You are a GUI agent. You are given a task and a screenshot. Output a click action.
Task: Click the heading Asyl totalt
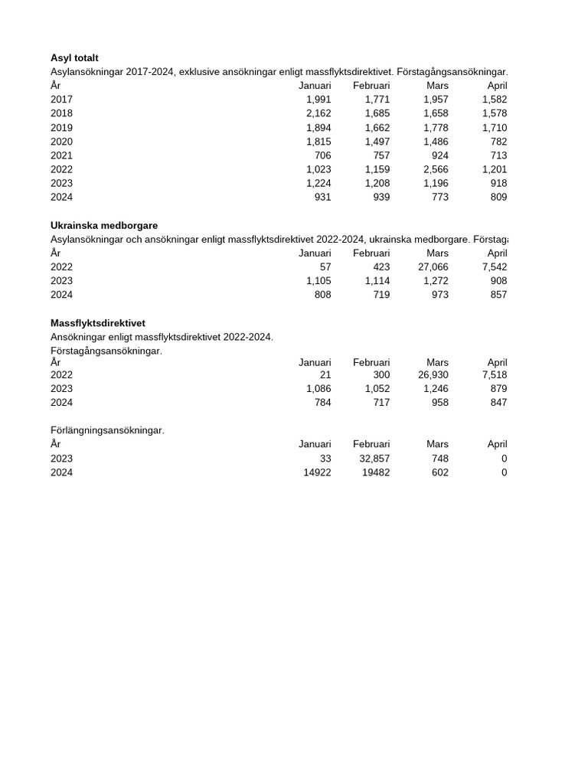pos(74,58)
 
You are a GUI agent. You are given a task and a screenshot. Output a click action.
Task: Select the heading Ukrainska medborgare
pos(104,226)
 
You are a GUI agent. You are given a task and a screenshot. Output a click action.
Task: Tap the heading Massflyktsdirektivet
pos(98,323)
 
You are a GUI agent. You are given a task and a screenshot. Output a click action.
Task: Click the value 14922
pos(317,472)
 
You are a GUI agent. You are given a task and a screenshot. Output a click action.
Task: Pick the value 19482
pos(375,472)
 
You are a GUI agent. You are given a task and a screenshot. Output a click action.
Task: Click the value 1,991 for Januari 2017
pos(318,100)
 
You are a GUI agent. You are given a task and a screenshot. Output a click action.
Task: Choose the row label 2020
pos(61,142)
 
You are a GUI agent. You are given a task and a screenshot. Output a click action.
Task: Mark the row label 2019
pos(61,128)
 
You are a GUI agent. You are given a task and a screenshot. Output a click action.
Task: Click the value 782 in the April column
pos(498,142)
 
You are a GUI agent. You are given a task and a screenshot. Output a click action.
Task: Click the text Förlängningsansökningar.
pos(107,430)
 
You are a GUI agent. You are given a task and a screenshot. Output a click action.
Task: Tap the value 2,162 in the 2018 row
pos(318,113)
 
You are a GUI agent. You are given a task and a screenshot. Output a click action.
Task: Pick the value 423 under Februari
pos(381,267)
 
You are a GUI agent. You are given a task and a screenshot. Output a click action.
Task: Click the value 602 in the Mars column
pos(439,472)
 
